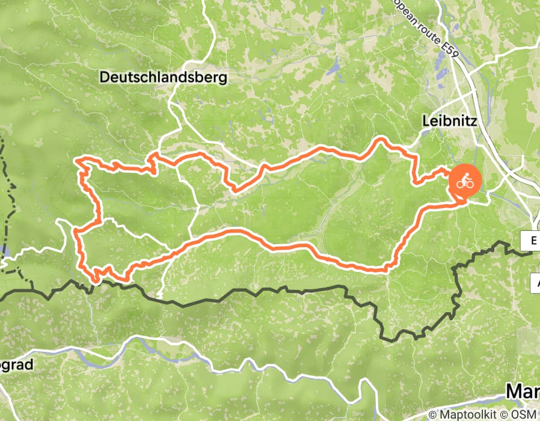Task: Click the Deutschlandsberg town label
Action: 164,78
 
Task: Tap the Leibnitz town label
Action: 449,121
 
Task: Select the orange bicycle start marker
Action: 464,181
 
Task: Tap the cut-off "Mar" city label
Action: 522,392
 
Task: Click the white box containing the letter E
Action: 533,241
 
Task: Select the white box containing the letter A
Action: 535,281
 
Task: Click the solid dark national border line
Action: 241,292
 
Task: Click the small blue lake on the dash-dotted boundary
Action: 5,250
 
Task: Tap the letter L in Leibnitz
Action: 425,121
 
